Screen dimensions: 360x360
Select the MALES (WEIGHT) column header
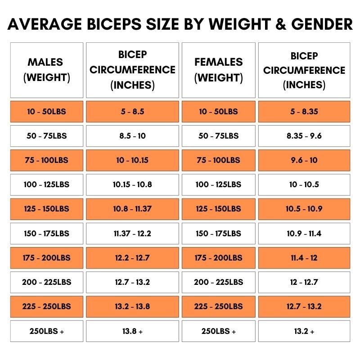pyautogui.click(x=47, y=70)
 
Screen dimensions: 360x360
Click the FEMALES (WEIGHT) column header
pyautogui.click(x=218, y=70)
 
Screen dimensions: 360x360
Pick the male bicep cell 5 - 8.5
pyautogui.click(x=132, y=111)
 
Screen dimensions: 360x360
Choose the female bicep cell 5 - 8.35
pyautogui.click(x=304, y=111)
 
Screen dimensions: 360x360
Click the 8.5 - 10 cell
pyautogui.click(x=132, y=135)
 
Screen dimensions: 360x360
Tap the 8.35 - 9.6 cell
pyautogui.click(x=304, y=135)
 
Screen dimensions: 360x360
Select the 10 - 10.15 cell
pyautogui.click(x=132, y=160)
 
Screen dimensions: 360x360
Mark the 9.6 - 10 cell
pyautogui.click(x=304, y=160)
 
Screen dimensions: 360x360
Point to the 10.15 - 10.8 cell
pyautogui.click(x=132, y=184)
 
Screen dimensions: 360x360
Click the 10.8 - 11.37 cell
pyautogui.click(x=132, y=209)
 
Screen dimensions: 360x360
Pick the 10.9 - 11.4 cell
pyautogui.click(x=304, y=234)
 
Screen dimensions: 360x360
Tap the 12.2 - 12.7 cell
pyautogui.click(x=132, y=258)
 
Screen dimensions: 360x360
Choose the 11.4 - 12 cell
pyautogui.click(x=304, y=258)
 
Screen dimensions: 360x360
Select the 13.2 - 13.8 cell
pyautogui.click(x=132, y=306)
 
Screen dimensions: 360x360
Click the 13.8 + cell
pyautogui.click(x=132, y=331)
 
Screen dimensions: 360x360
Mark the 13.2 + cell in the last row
pyautogui.click(x=304, y=331)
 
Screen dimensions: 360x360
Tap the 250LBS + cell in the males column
pyautogui.click(x=47, y=331)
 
